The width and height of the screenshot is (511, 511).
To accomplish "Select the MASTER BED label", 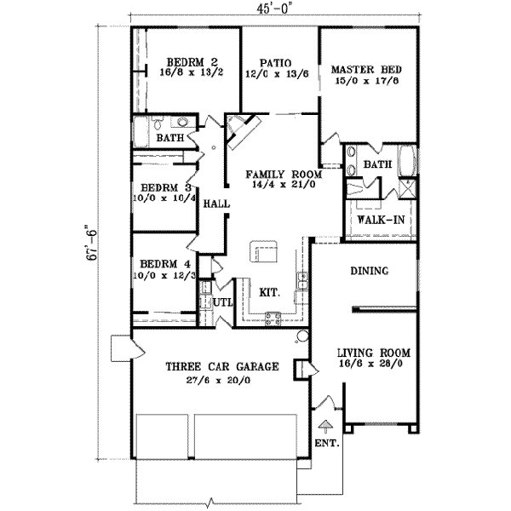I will pyautogui.click(x=366, y=69).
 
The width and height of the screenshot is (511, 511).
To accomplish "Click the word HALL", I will pyautogui.click(x=214, y=204).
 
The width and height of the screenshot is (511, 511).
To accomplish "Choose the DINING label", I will pyautogui.click(x=370, y=272).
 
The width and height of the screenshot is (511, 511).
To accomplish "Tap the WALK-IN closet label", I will pyautogui.click(x=380, y=220).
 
